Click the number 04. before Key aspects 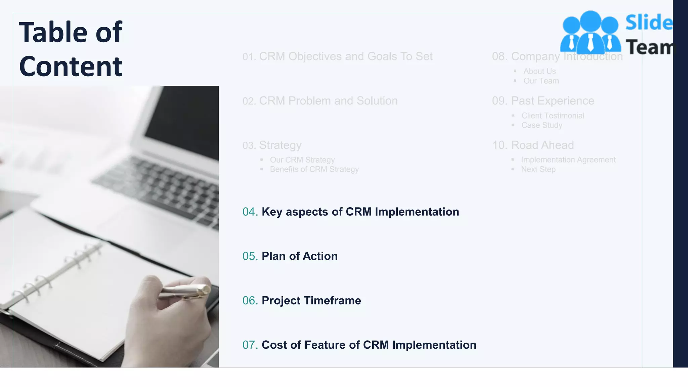pyautogui.click(x=250, y=212)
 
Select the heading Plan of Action pyautogui.click(x=299, y=256)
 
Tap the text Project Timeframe pyautogui.click(x=311, y=301)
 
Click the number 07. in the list pyautogui.click(x=250, y=345)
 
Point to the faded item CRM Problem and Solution pyautogui.click(x=328, y=101)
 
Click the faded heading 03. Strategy pyautogui.click(x=272, y=145)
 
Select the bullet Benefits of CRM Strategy pyautogui.click(x=314, y=169)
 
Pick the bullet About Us pyautogui.click(x=540, y=71)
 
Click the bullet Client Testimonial pyautogui.click(x=553, y=116)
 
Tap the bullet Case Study pyautogui.click(x=542, y=125)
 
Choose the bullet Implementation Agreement pyautogui.click(x=568, y=160)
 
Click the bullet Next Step pyautogui.click(x=538, y=169)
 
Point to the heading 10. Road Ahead pyautogui.click(x=533, y=145)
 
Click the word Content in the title pyautogui.click(x=71, y=67)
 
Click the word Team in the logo pyautogui.click(x=650, y=47)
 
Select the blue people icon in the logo pyautogui.click(x=590, y=32)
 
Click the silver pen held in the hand pyautogui.click(x=183, y=291)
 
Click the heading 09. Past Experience pyautogui.click(x=543, y=101)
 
